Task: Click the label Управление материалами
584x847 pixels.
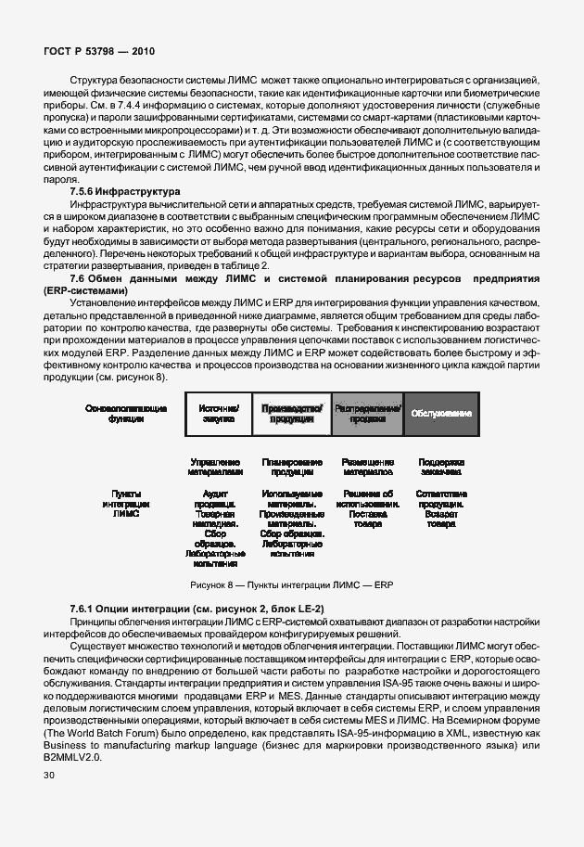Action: (x=215, y=467)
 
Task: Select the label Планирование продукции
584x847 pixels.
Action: (x=292, y=467)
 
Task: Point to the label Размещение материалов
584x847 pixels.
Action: (x=368, y=467)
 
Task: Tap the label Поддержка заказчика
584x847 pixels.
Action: (x=441, y=467)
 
